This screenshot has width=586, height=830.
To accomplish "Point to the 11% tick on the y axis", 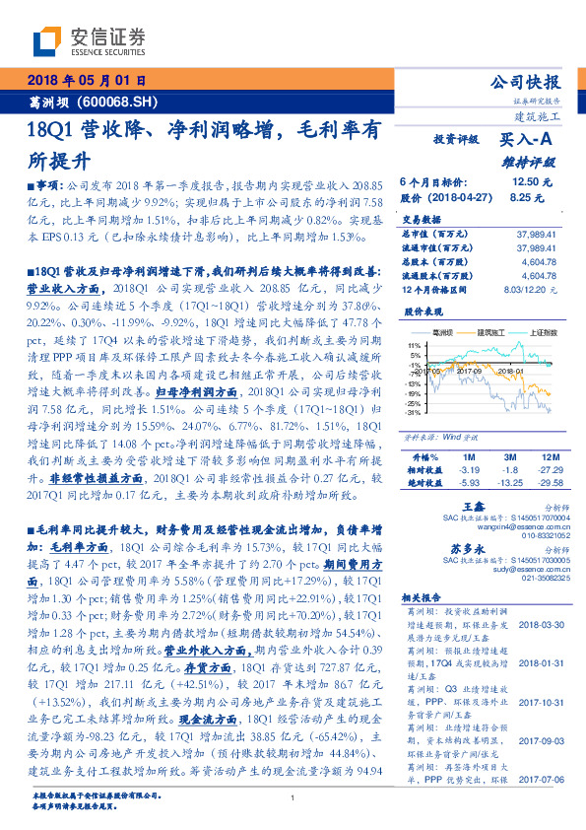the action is (x=413, y=345).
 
